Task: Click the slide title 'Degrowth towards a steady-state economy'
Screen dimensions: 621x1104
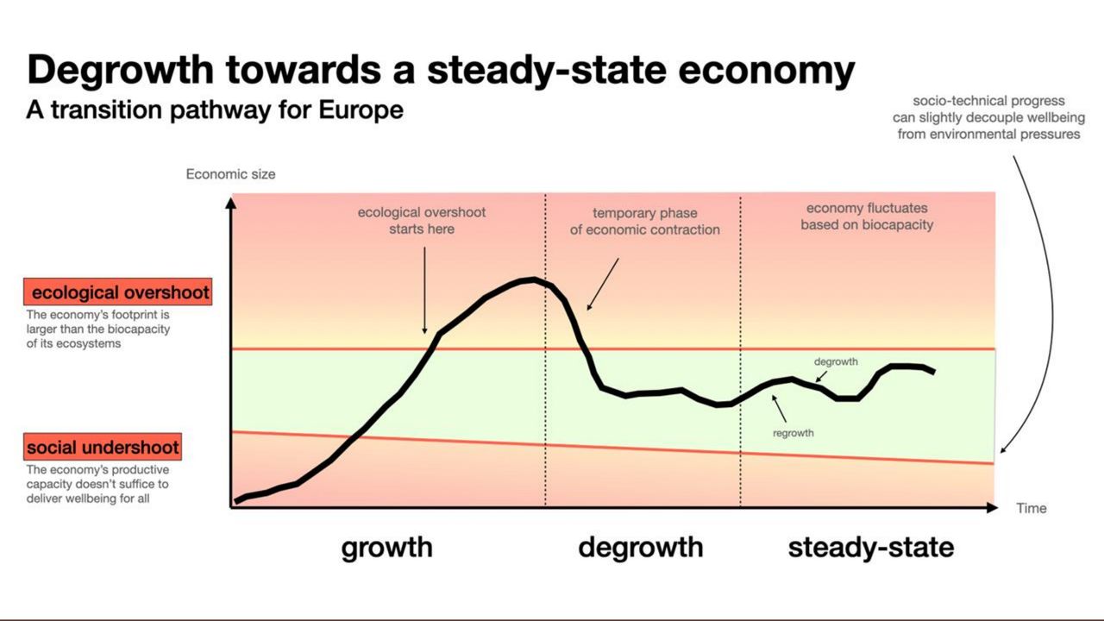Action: pos(441,70)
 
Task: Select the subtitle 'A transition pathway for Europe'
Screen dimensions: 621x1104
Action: pos(215,110)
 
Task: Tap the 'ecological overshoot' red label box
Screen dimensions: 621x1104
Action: pos(116,292)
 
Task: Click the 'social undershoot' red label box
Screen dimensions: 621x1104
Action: pos(103,447)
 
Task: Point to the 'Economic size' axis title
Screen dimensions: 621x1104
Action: pos(230,174)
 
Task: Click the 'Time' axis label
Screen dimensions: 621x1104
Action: pos(1031,508)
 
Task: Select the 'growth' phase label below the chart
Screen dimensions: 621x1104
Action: pos(386,547)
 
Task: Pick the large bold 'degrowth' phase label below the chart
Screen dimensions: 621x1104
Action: pos(640,547)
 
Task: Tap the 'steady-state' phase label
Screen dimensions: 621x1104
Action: pos(870,547)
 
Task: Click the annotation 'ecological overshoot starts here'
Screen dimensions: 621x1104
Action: pos(422,221)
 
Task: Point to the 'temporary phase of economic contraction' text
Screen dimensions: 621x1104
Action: pos(644,222)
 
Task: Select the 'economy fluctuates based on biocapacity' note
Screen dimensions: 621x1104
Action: pos(867,216)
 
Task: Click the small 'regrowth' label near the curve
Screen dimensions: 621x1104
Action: pos(793,433)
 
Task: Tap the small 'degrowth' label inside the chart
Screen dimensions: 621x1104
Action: pos(836,362)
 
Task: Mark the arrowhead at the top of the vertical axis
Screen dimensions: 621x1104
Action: pos(230,204)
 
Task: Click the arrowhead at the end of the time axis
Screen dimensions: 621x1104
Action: pos(992,508)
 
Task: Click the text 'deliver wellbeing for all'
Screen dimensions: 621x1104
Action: pos(88,498)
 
